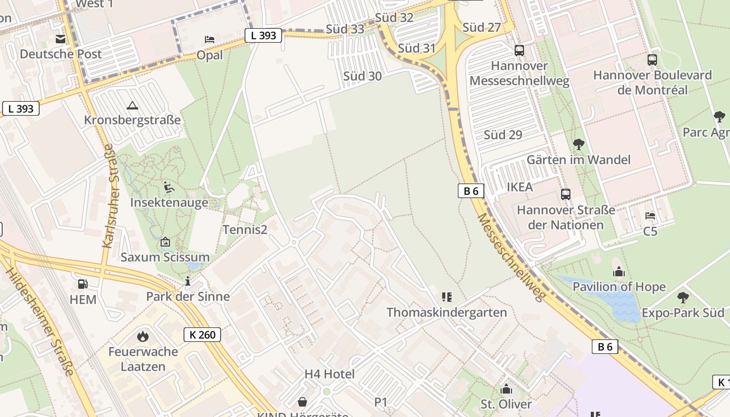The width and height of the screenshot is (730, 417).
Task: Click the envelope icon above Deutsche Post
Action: pos(60,39)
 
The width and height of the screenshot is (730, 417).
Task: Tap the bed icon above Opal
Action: pos(209,40)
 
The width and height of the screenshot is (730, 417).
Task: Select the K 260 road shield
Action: pos(202,335)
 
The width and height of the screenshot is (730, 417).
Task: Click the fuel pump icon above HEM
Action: pos(82,284)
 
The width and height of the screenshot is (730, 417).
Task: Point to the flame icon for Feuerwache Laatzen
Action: pos(143,336)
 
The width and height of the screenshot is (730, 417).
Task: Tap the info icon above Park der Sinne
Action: pos(188,281)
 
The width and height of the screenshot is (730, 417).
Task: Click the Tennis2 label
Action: pos(245,229)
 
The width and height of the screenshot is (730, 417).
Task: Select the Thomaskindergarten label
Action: pos(446,312)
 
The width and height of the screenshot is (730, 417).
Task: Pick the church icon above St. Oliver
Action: pos(506,389)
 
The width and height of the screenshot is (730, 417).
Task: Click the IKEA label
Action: pos(520,187)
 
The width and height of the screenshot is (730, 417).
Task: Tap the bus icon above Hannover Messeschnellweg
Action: pos(519,51)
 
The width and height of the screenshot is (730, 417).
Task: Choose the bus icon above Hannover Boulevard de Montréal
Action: pos(652,60)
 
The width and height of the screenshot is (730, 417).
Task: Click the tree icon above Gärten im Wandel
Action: pos(578,144)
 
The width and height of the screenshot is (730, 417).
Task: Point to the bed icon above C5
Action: pos(650,215)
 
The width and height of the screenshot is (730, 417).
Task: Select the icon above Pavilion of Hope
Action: pos(619,272)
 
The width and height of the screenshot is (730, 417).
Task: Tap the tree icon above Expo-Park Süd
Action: pos(683,298)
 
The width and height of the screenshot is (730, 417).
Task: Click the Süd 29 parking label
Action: pos(503,135)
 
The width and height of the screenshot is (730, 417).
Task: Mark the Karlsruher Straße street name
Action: pos(109,195)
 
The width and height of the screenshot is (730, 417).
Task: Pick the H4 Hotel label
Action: pos(330,374)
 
